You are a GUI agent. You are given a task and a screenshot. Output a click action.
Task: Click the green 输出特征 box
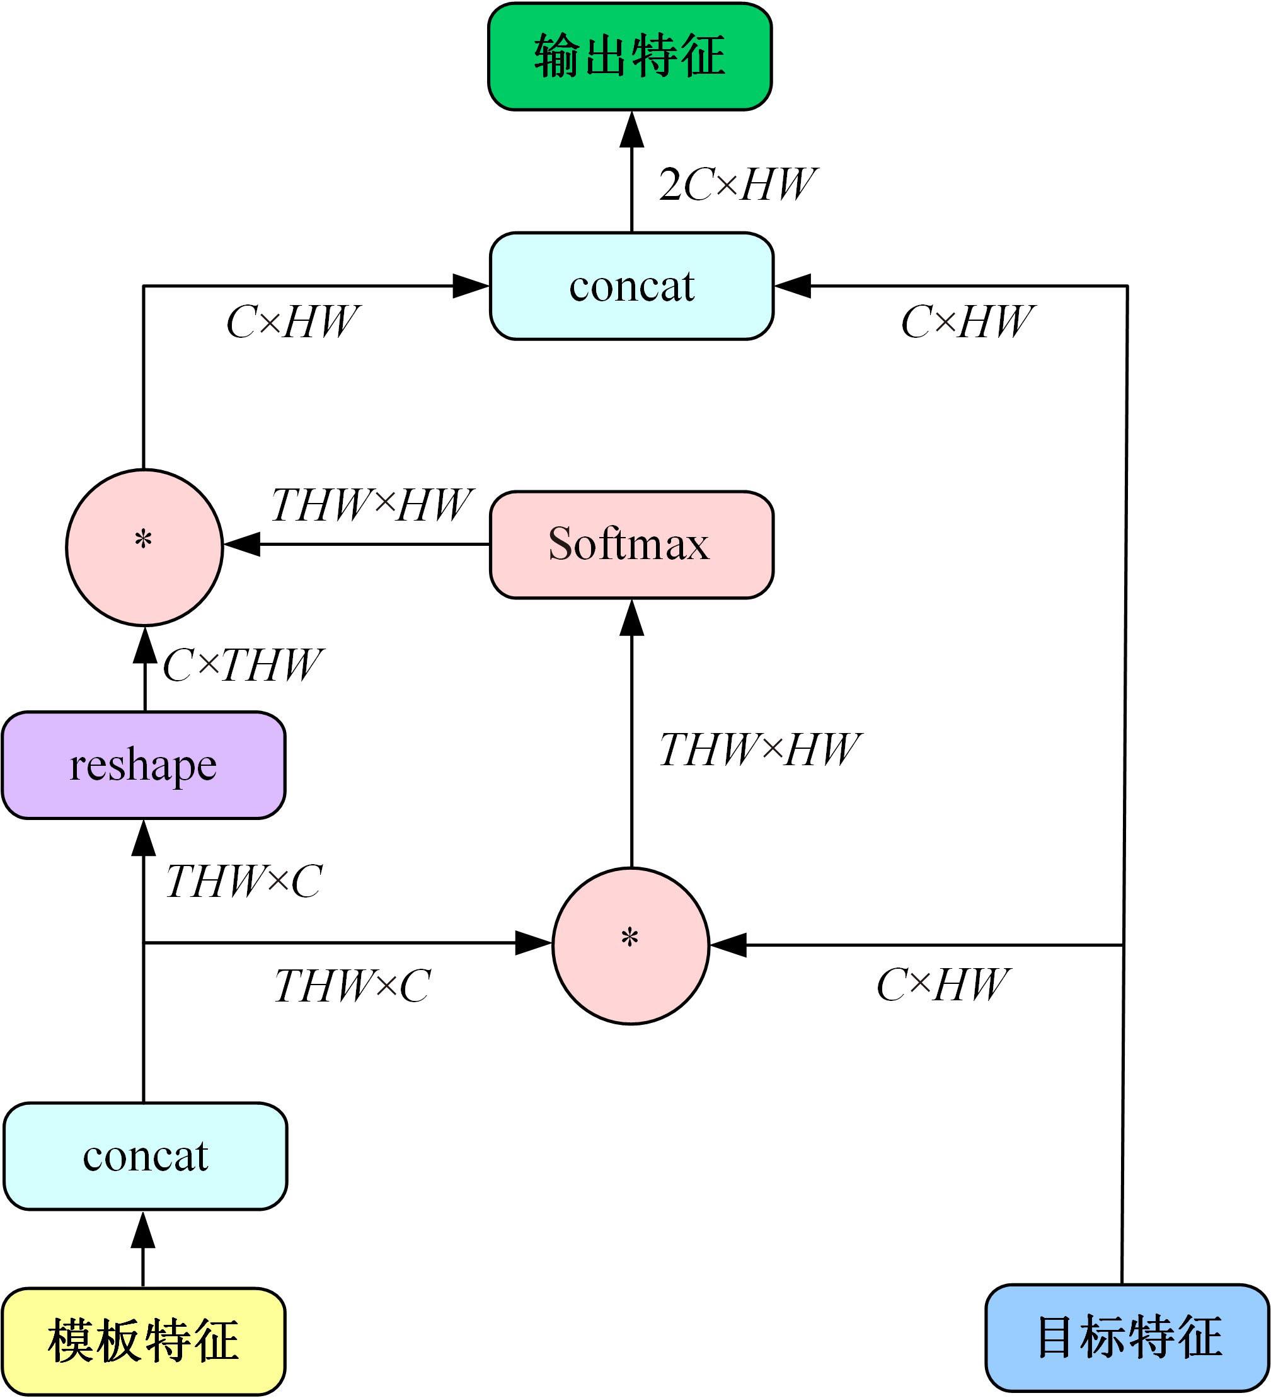630,56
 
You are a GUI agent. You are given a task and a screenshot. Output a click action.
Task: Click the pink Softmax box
631,545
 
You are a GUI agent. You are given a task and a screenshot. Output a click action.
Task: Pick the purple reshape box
144,765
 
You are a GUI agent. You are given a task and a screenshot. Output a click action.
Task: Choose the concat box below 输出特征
631,286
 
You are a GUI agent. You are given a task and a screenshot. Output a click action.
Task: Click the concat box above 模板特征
145,1155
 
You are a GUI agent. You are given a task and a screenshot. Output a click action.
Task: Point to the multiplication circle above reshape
144,546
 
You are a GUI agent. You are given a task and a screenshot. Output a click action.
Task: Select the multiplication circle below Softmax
630,945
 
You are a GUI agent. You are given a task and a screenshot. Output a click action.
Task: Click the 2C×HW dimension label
737,185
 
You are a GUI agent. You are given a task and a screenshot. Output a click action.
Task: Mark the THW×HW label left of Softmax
371,505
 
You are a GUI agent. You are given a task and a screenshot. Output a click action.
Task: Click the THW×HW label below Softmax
759,749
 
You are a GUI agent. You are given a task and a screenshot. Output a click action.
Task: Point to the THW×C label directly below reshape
243,881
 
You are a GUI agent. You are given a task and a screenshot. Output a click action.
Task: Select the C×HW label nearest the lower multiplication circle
942,985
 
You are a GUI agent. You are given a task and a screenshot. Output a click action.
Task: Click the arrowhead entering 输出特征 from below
631,130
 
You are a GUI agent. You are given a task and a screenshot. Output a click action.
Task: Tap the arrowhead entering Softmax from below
631,618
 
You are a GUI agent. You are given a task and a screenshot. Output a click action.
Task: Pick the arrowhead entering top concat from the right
793,285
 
